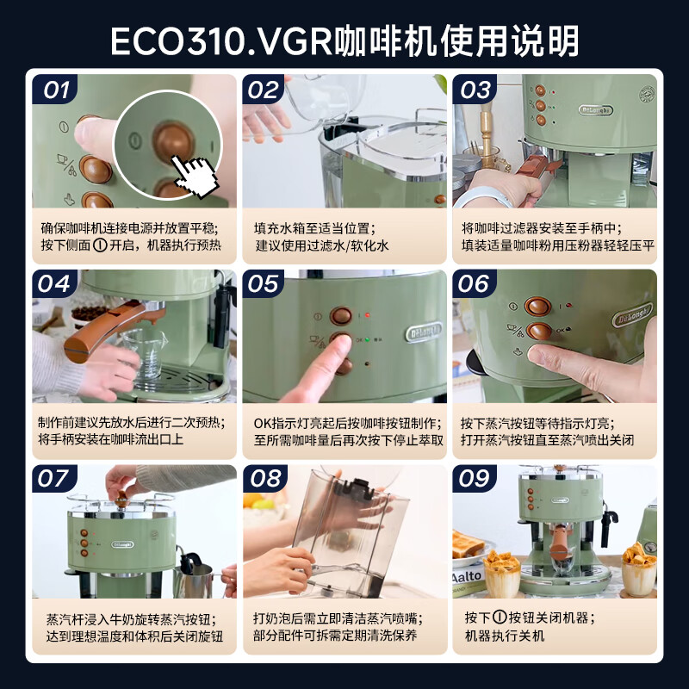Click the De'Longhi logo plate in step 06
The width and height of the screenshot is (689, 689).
click(632, 317)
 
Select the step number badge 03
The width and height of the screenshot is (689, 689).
click(473, 90)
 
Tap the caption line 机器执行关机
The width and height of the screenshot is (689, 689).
click(505, 636)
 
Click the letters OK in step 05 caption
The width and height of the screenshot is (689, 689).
click(265, 424)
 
